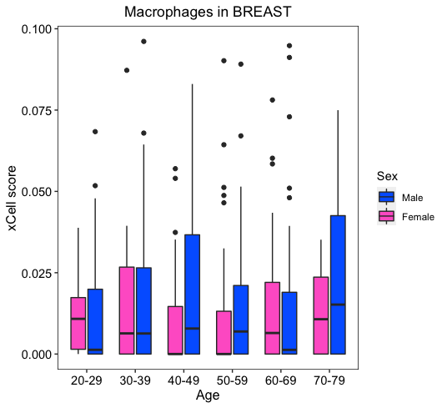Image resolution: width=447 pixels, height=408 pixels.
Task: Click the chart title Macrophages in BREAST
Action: tap(208, 13)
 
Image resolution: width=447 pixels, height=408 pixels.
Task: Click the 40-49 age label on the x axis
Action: tap(183, 380)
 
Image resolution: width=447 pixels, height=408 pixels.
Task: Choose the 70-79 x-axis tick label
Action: tap(329, 380)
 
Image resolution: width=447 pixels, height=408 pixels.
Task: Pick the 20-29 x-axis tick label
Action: tap(87, 380)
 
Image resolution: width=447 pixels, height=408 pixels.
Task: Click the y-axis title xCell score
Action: tap(12, 199)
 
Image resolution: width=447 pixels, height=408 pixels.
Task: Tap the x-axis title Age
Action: tap(208, 395)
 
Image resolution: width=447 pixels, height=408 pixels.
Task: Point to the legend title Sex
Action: tap(387, 176)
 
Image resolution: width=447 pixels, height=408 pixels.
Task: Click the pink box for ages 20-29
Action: tap(78, 323)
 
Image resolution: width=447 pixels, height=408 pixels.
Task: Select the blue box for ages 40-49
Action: tap(193, 295)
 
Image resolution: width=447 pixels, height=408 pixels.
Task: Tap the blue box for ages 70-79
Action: tap(338, 285)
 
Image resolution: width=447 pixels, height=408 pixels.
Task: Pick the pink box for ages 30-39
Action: tap(127, 310)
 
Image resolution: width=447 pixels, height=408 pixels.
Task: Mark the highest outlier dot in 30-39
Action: tap(143, 42)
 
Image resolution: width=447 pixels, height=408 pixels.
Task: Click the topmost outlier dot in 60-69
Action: tap(289, 46)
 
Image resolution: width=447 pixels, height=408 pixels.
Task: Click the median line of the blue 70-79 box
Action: tap(338, 305)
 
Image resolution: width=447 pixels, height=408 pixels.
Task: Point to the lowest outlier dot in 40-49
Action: tap(175, 233)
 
